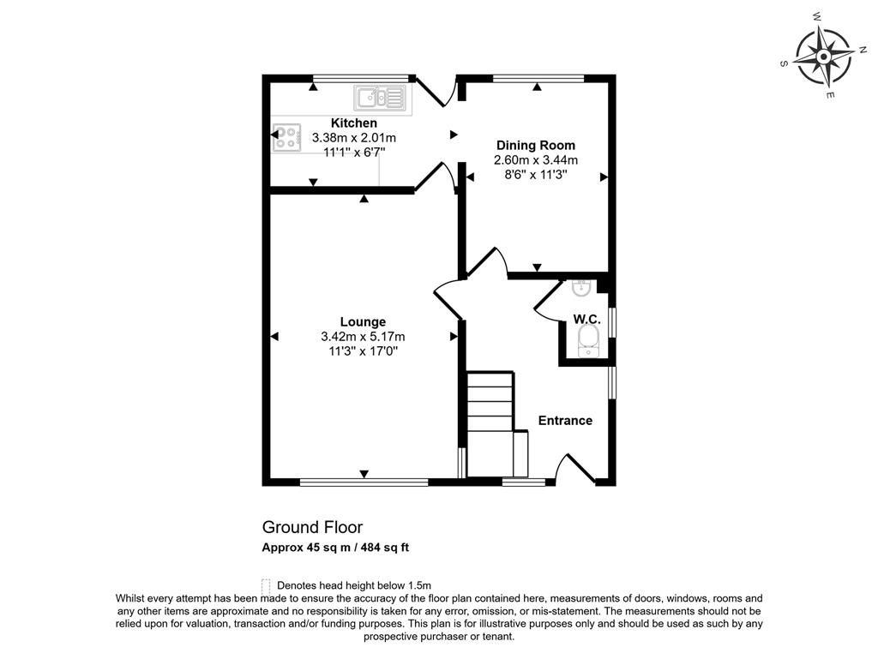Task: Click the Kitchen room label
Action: pos(354,123)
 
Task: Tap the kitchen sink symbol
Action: pos(379,98)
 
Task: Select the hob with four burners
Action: pos(286,138)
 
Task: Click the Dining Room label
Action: pos(536,146)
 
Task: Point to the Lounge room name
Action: pos(363,321)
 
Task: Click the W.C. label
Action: pos(586,320)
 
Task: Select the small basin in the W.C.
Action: pos(580,288)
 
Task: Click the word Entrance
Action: pos(565,420)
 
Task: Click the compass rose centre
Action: pos(824,57)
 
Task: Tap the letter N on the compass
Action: pos(863,49)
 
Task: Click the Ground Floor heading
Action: pos(312,527)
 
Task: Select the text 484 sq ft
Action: pos(385,547)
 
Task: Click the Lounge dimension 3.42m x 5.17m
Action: pos(363,337)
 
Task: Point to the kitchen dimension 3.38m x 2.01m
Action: pos(354,138)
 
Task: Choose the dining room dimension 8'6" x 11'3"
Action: pos(536,175)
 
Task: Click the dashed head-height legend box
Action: pos(266,585)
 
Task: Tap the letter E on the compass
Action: pos(830,95)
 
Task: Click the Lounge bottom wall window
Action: pos(364,482)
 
